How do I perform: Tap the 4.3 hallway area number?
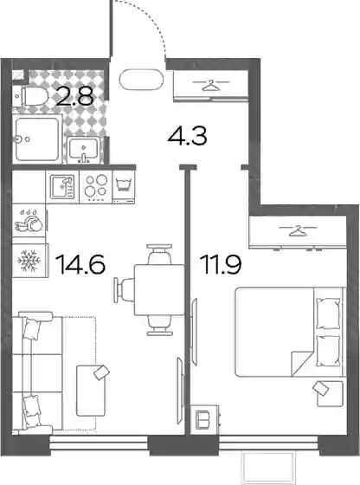(x=187, y=135)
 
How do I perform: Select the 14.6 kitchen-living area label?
(x=81, y=264)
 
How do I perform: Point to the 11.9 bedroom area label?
(x=221, y=264)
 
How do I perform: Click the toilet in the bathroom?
(x=29, y=96)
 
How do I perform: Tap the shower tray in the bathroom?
(x=37, y=139)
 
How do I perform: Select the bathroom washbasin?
(x=84, y=150)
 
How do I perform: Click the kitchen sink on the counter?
(x=62, y=186)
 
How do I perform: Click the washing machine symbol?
(x=124, y=186)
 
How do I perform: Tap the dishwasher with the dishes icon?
(x=29, y=220)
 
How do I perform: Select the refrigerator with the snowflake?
(x=29, y=261)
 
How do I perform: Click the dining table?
(x=159, y=289)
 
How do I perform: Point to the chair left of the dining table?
(x=124, y=289)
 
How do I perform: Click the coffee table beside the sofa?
(x=91, y=391)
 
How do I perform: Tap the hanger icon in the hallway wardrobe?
(x=211, y=85)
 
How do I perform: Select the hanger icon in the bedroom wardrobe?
(x=298, y=230)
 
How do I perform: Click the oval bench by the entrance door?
(x=141, y=80)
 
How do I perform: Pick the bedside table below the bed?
(x=330, y=394)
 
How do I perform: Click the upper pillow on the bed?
(x=328, y=314)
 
